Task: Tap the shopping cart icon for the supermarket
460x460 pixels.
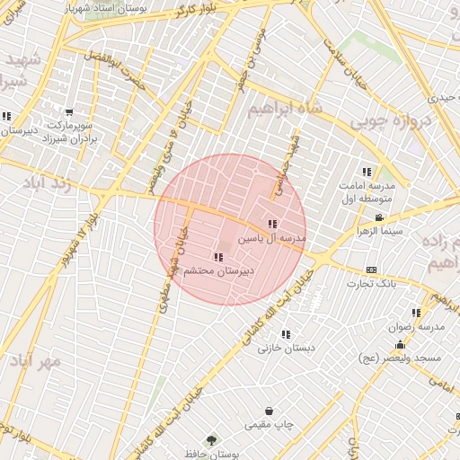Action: pos(69,112)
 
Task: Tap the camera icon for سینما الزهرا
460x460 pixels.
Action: pos(379,218)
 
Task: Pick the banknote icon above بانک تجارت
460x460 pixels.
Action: pos(371,270)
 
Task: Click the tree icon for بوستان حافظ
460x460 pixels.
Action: pos(212,440)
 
